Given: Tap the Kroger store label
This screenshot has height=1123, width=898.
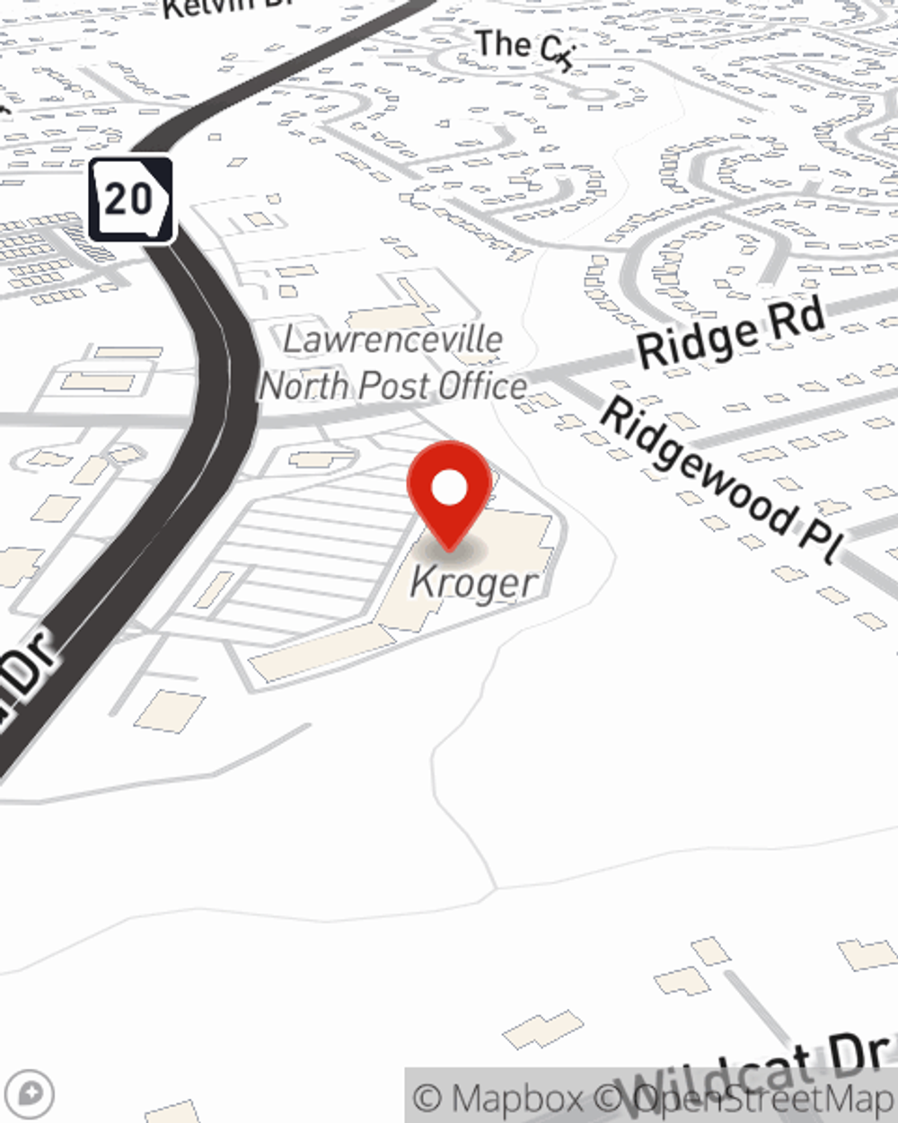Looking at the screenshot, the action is point(474,582).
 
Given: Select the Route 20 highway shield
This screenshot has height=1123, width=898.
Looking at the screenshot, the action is point(130,199).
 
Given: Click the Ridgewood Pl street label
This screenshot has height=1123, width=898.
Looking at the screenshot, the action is point(718,481).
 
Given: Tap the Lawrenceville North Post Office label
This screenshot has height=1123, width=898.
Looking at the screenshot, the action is point(393,364).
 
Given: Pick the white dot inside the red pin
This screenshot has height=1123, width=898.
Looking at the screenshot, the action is point(449,489).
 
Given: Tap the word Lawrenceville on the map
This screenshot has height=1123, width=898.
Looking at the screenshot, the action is point(393,340).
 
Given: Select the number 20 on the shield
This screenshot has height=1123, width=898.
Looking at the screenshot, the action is point(128,198).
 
